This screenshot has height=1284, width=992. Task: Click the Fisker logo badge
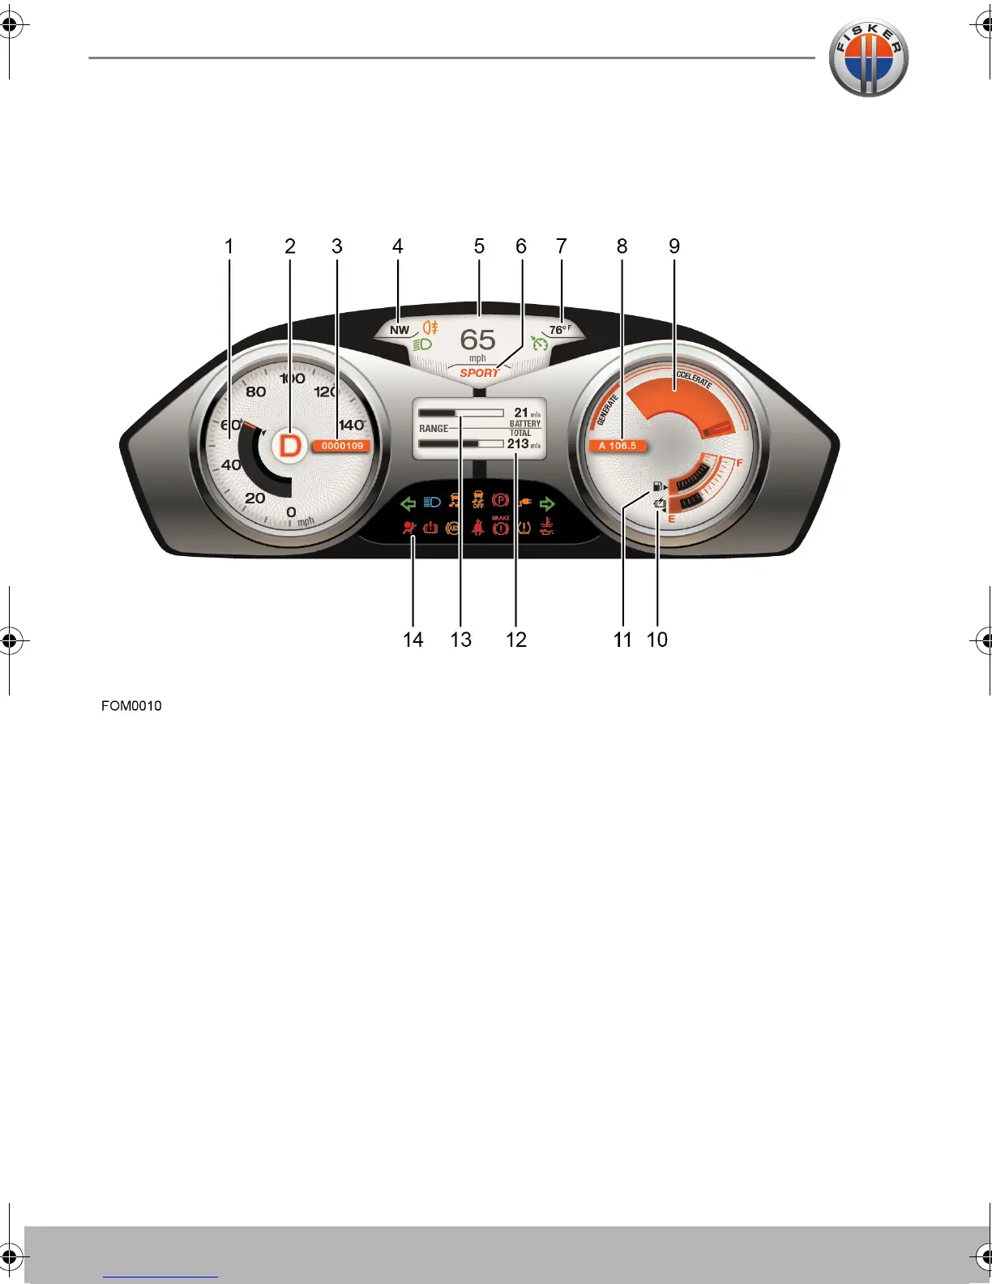click(x=868, y=58)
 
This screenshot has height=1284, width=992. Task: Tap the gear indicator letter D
click(x=290, y=445)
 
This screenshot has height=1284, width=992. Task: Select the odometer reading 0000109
click(x=342, y=446)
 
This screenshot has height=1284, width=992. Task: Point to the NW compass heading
click(x=400, y=330)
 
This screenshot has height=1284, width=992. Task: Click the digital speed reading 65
click(x=477, y=340)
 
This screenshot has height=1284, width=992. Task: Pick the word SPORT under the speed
click(x=479, y=373)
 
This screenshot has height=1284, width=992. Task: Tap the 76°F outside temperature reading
click(x=559, y=330)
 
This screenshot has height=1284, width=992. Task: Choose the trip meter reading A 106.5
click(x=618, y=446)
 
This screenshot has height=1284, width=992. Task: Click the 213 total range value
click(x=518, y=443)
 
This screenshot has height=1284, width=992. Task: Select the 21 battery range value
click(x=521, y=413)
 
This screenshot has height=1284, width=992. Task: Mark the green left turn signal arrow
click(x=408, y=503)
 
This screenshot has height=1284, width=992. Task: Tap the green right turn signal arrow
click(x=547, y=503)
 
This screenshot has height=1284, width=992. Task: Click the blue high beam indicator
click(x=432, y=503)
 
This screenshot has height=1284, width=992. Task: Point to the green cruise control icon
click(x=539, y=344)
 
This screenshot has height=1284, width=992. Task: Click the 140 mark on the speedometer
click(x=351, y=425)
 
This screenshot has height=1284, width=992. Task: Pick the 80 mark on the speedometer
click(x=255, y=392)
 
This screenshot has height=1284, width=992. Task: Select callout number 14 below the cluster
click(x=413, y=640)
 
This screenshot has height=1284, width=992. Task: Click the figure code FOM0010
click(x=131, y=706)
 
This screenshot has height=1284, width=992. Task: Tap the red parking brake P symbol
click(x=500, y=502)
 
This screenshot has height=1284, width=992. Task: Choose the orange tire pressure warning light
click(x=524, y=529)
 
